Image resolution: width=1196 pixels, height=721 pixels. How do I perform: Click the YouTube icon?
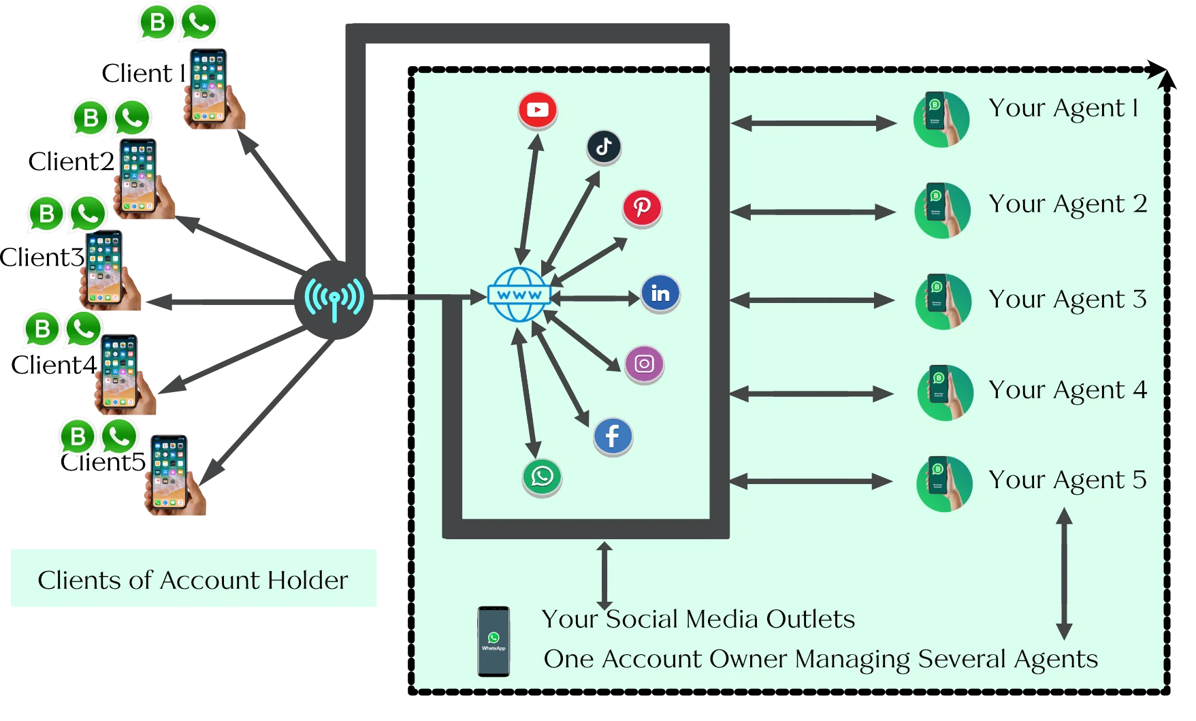coord(538,110)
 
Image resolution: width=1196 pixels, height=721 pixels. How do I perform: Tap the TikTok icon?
coord(604,147)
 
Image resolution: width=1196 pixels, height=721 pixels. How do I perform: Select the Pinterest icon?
coord(642,207)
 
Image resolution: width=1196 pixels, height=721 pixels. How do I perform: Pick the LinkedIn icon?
coord(660,293)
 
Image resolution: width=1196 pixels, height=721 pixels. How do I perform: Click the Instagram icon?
coord(644,364)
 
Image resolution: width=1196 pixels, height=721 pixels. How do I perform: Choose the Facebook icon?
coord(613,436)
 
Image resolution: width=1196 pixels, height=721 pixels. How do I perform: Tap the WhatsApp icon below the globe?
coord(542,476)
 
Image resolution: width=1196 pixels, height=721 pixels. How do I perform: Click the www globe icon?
coord(519,295)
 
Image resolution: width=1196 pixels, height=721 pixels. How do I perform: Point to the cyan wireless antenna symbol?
coord(334,298)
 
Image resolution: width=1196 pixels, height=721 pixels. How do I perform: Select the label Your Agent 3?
coord(1067,300)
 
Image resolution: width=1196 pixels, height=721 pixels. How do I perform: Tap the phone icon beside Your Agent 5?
coord(943,483)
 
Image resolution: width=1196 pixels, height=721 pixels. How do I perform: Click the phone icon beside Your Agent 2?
coord(942,210)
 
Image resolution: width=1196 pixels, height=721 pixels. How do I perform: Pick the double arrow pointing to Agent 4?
coord(811,394)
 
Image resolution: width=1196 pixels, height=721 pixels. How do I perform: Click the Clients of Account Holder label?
coord(193,580)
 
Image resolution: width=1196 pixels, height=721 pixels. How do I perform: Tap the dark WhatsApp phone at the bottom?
coord(494,641)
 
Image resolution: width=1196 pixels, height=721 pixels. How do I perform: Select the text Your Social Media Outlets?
coord(698,619)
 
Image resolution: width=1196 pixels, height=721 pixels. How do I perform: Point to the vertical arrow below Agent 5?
coord(1064,574)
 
